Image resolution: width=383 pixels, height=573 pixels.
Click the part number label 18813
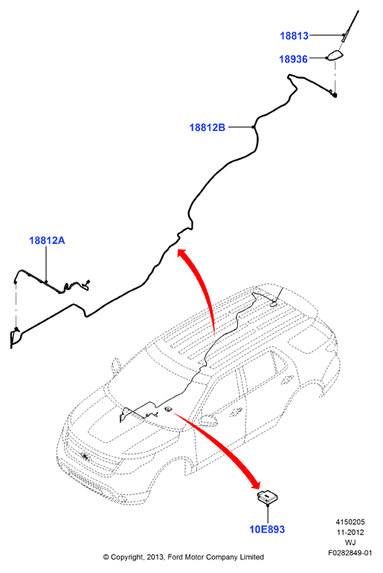(x=294, y=36)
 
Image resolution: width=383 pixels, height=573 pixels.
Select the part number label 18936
(x=293, y=59)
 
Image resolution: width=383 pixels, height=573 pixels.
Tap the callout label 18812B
(x=207, y=128)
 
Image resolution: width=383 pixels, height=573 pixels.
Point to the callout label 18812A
(x=47, y=241)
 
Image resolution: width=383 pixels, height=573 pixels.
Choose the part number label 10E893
(x=267, y=529)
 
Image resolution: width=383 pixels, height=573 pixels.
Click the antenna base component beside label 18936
(x=336, y=56)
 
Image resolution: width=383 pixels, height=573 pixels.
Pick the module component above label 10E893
(x=267, y=498)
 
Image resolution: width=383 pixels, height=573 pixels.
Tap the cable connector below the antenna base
(x=335, y=95)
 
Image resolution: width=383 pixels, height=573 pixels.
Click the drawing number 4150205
(x=350, y=522)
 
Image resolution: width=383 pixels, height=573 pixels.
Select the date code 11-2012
(x=350, y=532)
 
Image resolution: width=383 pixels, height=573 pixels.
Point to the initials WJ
(x=350, y=543)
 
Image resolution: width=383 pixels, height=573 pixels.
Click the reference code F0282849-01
(x=350, y=553)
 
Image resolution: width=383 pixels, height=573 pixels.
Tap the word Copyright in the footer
(x=127, y=557)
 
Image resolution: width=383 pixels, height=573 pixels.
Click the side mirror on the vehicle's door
(x=209, y=419)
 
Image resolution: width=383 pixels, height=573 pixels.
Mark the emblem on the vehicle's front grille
(x=85, y=456)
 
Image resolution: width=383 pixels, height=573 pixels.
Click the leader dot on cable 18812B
(x=253, y=127)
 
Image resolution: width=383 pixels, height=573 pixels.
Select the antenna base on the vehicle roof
(x=274, y=302)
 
